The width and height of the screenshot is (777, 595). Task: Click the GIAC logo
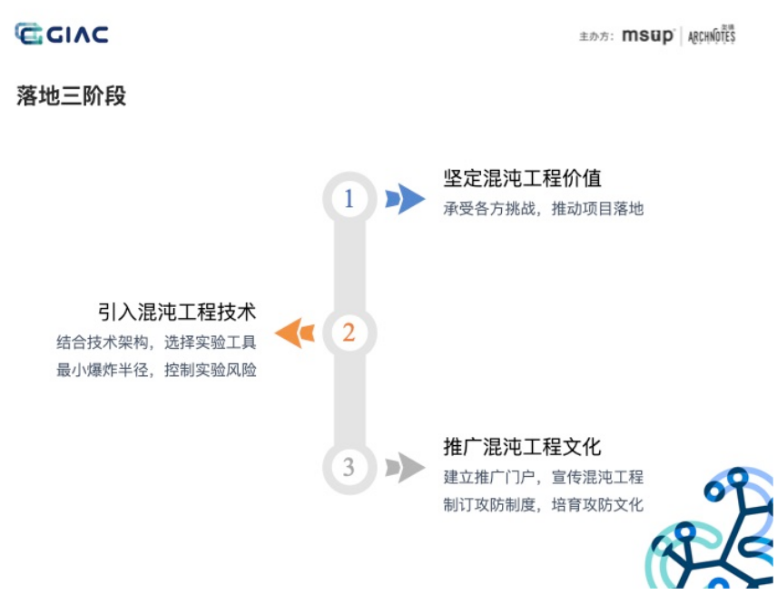62,35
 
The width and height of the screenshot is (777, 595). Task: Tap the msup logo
647,36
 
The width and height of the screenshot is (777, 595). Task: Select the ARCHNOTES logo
712,36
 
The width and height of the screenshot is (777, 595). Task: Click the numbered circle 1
349,198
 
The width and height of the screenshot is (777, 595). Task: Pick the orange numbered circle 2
349,332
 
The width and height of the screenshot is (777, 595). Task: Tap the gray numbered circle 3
349,467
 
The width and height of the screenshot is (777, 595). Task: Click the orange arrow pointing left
294,332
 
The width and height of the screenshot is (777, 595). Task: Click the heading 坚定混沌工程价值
522,178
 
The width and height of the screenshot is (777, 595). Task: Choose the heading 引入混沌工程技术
177,312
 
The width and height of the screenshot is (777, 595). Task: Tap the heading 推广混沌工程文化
522,447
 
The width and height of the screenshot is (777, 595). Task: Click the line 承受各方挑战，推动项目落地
543,208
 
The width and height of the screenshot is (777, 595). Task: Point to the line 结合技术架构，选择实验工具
156,342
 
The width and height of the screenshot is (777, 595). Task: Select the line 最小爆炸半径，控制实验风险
156,371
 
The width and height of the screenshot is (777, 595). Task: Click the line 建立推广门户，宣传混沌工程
543,477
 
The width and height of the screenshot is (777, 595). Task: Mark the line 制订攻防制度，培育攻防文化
543,505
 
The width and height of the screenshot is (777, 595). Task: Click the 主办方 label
595,37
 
